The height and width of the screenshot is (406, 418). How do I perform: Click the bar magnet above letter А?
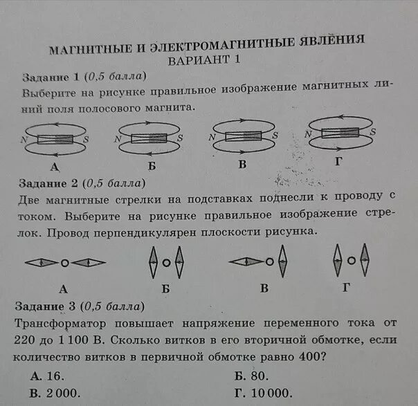coord(55,138)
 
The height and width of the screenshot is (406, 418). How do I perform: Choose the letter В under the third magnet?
coord(243,165)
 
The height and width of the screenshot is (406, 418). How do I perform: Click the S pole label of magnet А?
coord(86,139)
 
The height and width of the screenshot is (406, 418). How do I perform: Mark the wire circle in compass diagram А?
coord(64,263)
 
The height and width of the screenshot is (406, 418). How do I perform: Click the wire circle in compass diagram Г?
coord(352,261)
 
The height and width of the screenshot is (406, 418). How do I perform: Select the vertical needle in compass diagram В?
coord(282,262)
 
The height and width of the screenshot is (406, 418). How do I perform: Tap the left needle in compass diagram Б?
coord(153,263)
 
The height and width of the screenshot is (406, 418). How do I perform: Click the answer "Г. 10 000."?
coord(264,393)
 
